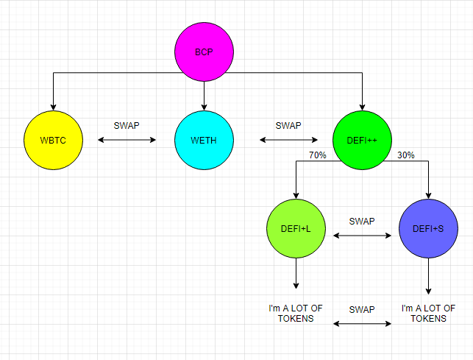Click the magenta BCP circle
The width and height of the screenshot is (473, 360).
204,53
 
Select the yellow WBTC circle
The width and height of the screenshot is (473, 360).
53,139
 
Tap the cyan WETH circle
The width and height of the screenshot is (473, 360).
204,139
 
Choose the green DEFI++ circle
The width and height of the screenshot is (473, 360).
362,139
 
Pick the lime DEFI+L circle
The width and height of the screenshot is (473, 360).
296,229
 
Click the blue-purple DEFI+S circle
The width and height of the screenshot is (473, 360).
428,229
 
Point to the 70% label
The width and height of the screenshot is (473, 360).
318,155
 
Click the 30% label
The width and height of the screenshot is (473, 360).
406,155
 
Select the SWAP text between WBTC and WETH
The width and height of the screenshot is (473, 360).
127,125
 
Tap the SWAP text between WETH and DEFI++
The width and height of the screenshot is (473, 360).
288,125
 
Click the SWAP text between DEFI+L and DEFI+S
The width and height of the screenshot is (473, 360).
362,221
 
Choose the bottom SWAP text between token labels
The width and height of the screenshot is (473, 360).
362,309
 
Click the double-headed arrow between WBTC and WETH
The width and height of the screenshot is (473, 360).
127,139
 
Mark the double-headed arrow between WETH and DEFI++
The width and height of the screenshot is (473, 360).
288,139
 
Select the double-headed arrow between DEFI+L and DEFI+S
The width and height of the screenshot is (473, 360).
362,236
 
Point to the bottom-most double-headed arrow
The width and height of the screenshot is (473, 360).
362,323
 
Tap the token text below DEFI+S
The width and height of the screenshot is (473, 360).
428,313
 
